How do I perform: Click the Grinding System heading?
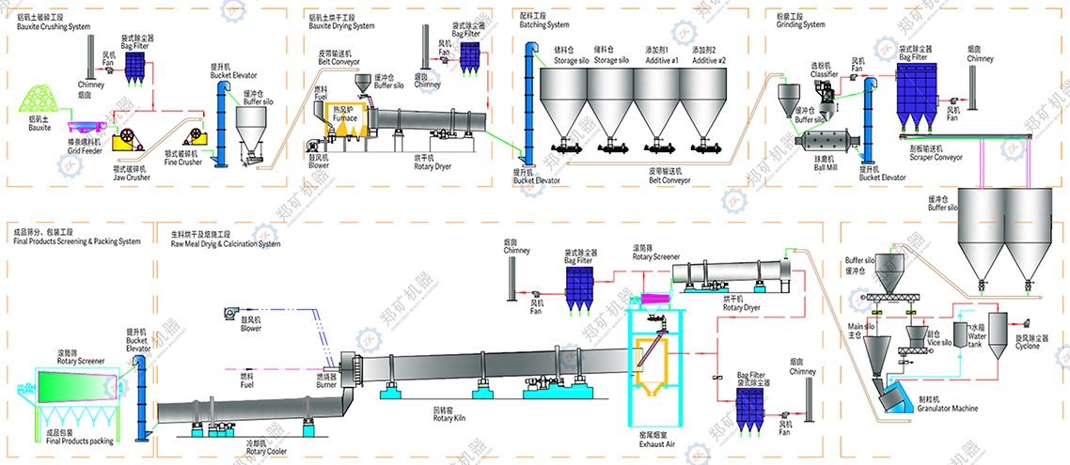(x=790, y=24)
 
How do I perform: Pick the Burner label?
(x=326, y=382)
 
